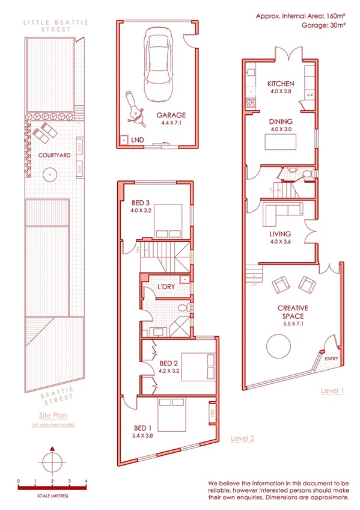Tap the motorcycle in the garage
pos(135,109)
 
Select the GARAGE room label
pos(171,115)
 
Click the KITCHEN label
pos(281,84)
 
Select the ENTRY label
pos(331,359)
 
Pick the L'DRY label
pos(166,287)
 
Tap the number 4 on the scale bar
pos(87,482)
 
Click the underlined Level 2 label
pos(243,438)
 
